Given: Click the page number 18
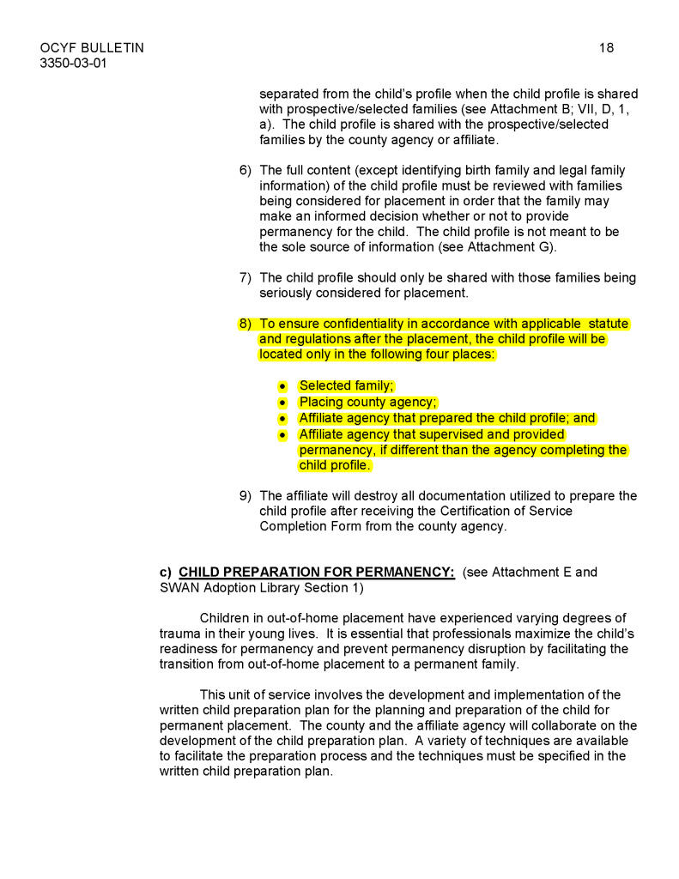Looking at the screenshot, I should (x=606, y=48).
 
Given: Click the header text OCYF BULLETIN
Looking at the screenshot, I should (x=92, y=48).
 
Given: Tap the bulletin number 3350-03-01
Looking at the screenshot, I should (x=73, y=64).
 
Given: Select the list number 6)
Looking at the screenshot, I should (x=246, y=171).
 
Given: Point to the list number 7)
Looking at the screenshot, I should (x=246, y=277).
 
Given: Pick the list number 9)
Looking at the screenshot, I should (x=246, y=495).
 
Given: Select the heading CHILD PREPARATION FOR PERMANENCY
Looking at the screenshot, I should (x=316, y=572).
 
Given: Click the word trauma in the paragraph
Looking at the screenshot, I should (x=179, y=633).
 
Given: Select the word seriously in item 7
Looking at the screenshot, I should (x=288, y=293).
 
